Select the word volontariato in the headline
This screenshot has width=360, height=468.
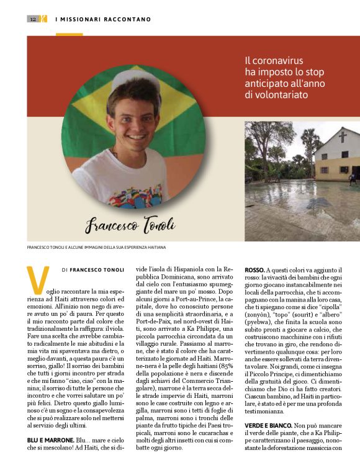(x=277, y=95)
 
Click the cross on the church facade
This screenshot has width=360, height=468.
(x=343, y=135)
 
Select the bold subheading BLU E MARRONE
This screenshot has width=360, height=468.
(x=49, y=439)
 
